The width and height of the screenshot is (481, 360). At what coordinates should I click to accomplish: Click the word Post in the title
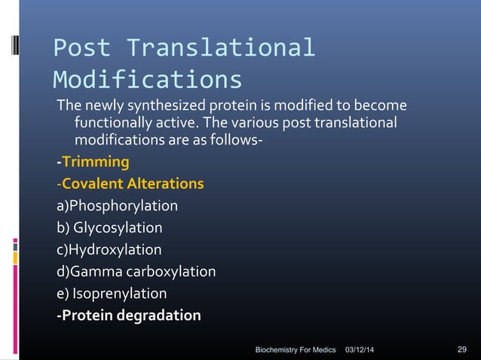(81, 48)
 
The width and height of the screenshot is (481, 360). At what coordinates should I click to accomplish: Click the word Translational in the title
(220, 48)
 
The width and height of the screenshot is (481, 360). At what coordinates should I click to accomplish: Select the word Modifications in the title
(148, 80)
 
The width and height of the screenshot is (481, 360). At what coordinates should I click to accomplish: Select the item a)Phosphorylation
(117, 206)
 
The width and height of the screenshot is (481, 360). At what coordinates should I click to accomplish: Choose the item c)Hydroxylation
(109, 249)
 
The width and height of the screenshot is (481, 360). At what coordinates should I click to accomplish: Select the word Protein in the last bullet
(86, 315)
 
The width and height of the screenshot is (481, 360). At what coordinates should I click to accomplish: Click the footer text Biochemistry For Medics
(296, 350)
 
